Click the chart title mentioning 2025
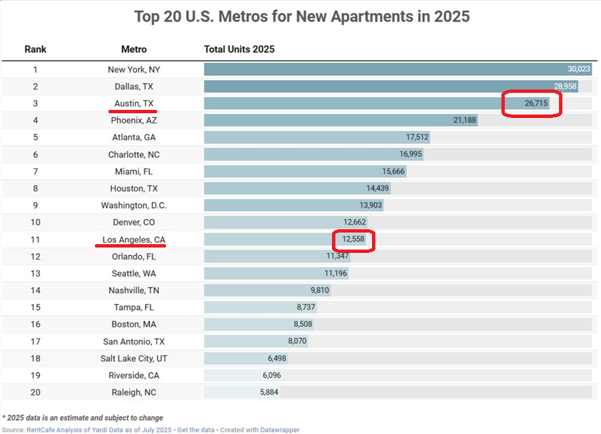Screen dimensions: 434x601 pos(302,16)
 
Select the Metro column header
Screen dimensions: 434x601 pos(134,50)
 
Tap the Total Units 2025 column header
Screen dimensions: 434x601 pos(239,50)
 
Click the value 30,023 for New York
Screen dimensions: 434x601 pos(579,69)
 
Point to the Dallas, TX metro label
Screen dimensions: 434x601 pos(134,86)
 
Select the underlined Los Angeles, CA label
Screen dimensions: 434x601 pos(134,239)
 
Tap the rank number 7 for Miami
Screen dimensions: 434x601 pos(35,172)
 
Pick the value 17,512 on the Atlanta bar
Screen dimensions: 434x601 pos(417,137)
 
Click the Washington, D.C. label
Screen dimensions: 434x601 pos(134,205)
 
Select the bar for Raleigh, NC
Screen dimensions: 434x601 pos(230,393)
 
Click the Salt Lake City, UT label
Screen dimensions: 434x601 pos(134,359)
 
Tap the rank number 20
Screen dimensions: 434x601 pos(35,393)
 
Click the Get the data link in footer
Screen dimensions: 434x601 pos(196,430)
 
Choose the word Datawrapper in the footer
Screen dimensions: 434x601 pos(279,430)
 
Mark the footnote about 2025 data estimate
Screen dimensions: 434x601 pos(83,418)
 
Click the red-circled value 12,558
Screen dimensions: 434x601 pos(353,239)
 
